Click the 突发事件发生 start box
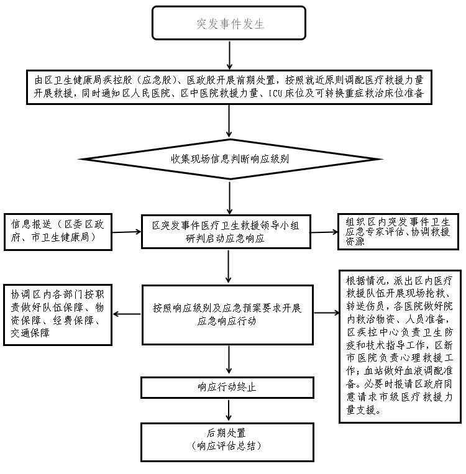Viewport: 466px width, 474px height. point(230,24)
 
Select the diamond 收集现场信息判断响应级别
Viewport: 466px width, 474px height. point(230,159)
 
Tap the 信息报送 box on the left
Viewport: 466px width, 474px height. point(58,232)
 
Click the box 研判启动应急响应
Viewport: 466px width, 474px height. point(226,232)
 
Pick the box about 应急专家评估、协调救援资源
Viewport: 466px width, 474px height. point(398,232)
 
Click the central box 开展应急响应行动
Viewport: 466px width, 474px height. point(227,314)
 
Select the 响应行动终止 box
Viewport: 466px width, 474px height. point(226,387)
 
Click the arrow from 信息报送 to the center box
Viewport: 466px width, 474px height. point(127,232)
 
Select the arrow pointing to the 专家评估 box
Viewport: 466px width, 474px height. point(324,232)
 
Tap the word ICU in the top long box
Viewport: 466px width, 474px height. point(275,93)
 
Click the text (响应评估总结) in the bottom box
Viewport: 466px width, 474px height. point(226,446)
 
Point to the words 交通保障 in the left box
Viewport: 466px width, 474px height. point(30,333)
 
